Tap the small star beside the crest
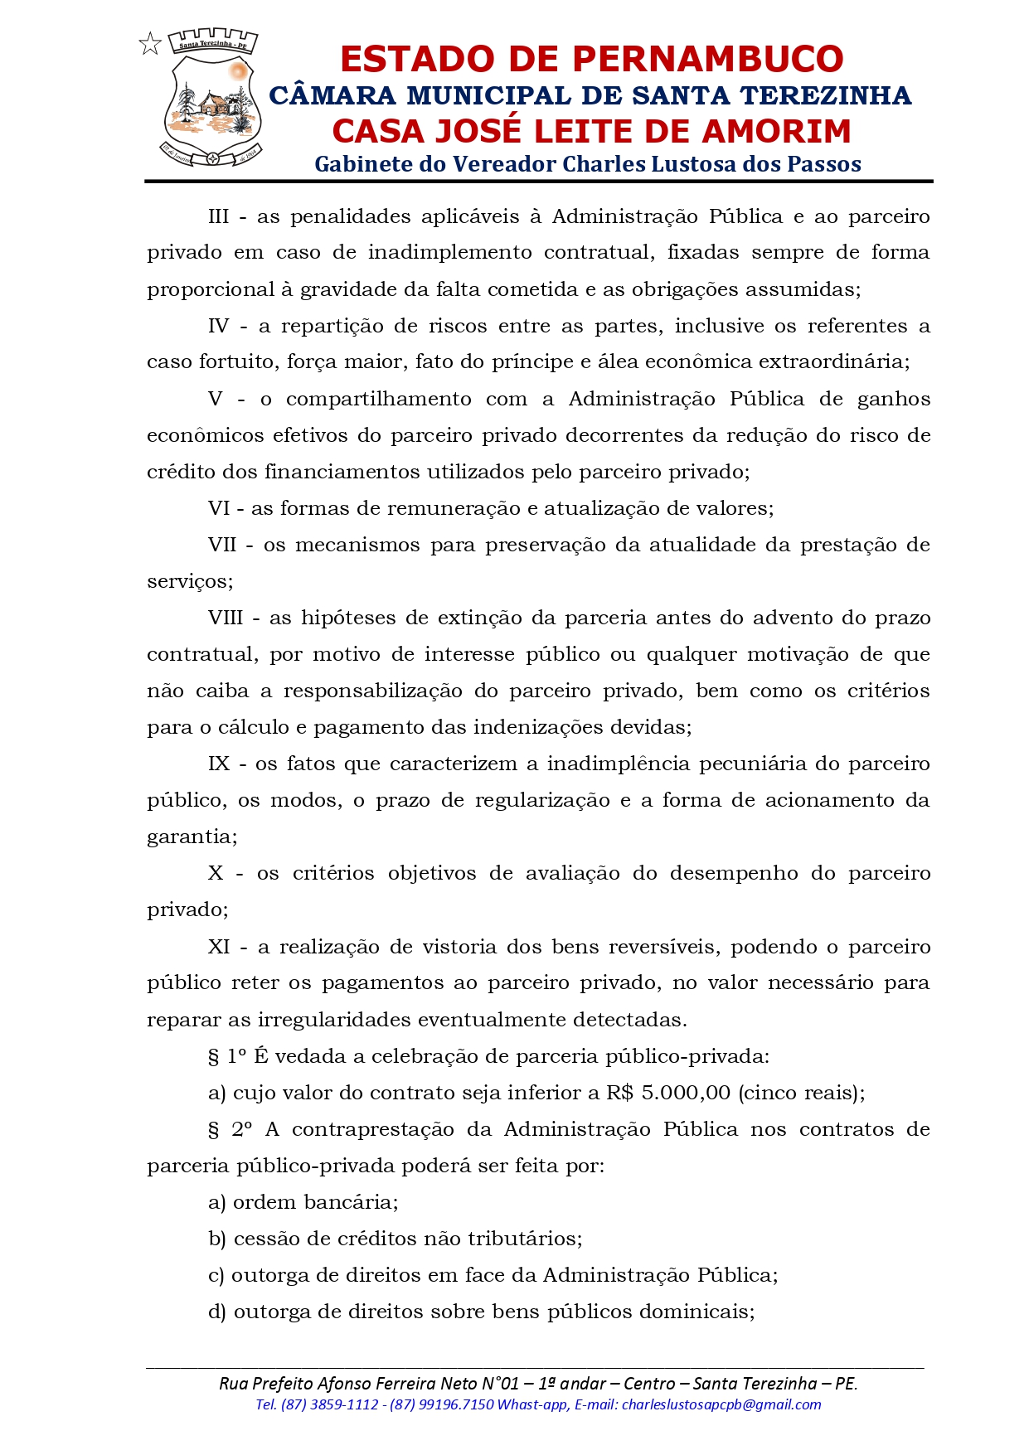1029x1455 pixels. tap(150, 44)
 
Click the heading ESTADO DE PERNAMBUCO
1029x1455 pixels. tap(591, 59)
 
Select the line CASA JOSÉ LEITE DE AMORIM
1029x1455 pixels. tap(591, 131)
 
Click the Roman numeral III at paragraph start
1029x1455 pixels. tap(218, 216)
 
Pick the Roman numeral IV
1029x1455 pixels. tap(218, 326)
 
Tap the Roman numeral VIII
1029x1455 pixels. tap(226, 618)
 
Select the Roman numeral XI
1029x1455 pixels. tap(219, 947)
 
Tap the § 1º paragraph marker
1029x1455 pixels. tap(227, 1056)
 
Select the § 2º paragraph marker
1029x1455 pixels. tap(230, 1129)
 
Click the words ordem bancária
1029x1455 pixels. tap(315, 1202)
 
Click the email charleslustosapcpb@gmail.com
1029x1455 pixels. tap(721, 1404)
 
